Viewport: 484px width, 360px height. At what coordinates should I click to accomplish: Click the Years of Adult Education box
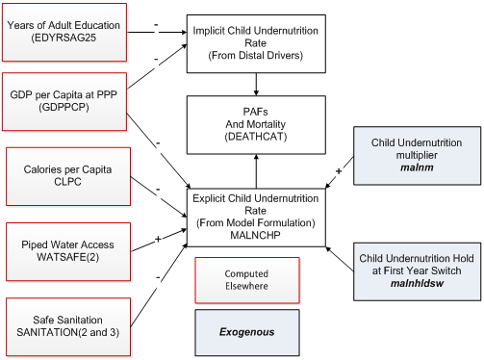pyautogui.click(x=64, y=31)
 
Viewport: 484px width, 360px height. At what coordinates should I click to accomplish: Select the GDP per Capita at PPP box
pyautogui.click(x=64, y=99)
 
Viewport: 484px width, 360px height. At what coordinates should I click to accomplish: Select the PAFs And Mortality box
pyautogui.click(x=256, y=122)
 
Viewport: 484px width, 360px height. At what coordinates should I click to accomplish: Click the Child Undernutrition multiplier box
pyautogui.click(x=417, y=154)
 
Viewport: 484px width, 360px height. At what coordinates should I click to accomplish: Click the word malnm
pyautogui.click(x=417, y=167)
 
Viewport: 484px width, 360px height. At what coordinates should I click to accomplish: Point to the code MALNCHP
pyautogui.click(x=256, y=233)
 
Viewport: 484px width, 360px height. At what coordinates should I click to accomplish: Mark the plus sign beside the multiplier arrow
pyautogui.click(x=338, y=171)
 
